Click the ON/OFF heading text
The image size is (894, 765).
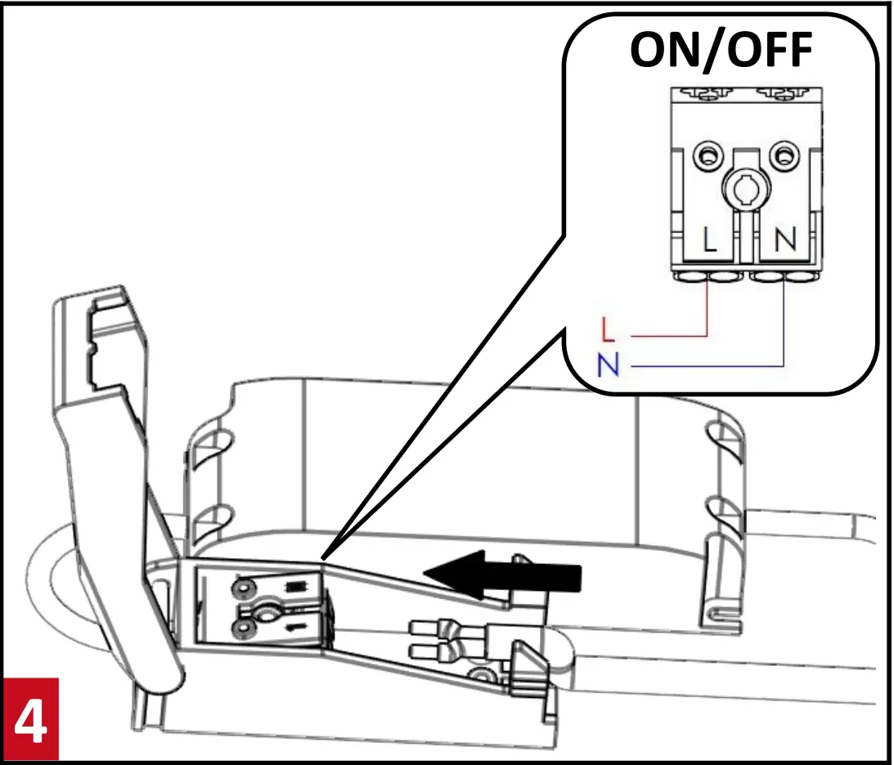(721, 51)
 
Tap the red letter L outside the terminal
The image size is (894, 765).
(606, 330)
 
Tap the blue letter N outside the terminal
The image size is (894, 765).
(607, 365)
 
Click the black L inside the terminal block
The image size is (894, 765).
(709, 239)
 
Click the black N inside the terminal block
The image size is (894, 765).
(784, 239)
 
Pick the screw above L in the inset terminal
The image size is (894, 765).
(705, 153)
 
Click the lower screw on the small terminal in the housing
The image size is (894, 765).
(243, 629)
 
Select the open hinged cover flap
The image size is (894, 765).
(115, 458)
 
